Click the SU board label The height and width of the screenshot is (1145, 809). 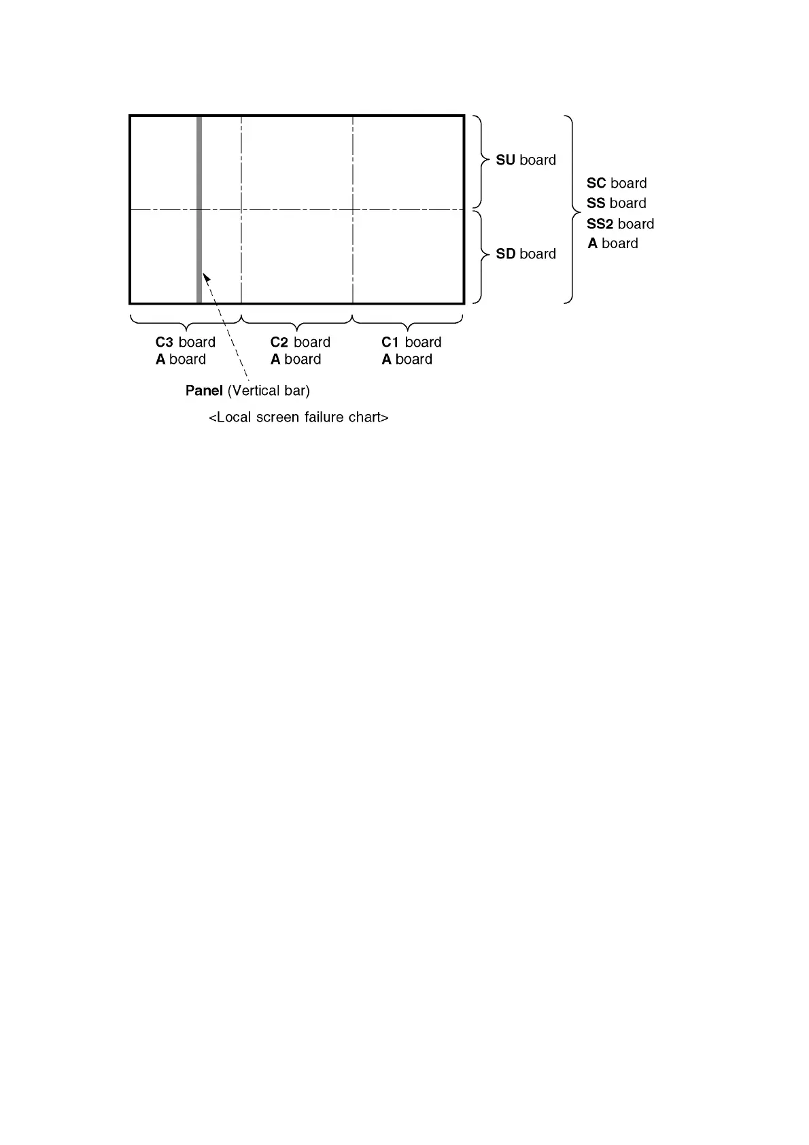pos(526,160)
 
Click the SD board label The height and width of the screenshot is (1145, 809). pos(526,254)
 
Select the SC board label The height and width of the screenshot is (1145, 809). pos(617,184)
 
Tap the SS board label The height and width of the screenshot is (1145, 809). pos(616,203)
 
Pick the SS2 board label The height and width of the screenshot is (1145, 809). pos(620,224)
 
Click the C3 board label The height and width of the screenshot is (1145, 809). pos(185,343)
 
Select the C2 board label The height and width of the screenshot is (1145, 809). pos(300,343)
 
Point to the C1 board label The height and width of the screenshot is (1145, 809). pos(411,343)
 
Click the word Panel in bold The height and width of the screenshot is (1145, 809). pos(204,391)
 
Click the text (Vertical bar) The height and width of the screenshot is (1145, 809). pos(269,391)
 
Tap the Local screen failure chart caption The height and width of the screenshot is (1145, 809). pos(298,417)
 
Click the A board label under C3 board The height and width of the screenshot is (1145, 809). pos(180,360)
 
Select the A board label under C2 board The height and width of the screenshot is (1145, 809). pos(295,360)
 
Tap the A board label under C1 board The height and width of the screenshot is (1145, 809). pos(407,360)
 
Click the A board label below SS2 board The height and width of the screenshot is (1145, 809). pos(613,244)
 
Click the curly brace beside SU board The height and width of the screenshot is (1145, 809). pos(481,161)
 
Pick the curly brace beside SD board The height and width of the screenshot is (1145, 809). pos(481,256)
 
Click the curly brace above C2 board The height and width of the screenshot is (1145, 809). pos(297,320)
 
